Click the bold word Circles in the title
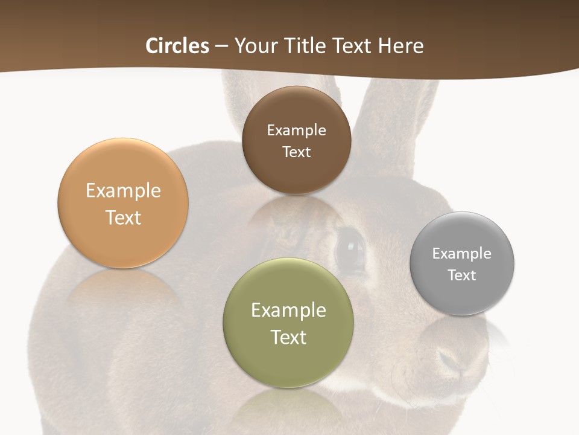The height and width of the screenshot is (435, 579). coord(177,46)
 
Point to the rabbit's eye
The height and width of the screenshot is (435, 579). coord(350,248)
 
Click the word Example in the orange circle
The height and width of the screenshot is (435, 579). coord(123,191)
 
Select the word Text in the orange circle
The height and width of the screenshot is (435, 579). coord(123,217)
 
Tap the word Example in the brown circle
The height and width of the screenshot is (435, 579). coord(296,130)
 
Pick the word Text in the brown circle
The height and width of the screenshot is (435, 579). coord(296,152)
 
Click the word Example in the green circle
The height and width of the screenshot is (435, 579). coord(288,311)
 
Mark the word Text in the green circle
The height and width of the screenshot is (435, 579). coord(288,337)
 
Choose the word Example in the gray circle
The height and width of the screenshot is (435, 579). coord(462,253)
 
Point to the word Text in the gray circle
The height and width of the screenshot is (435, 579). coord(462,275)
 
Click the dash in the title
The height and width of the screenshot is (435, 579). coord(221,47)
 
